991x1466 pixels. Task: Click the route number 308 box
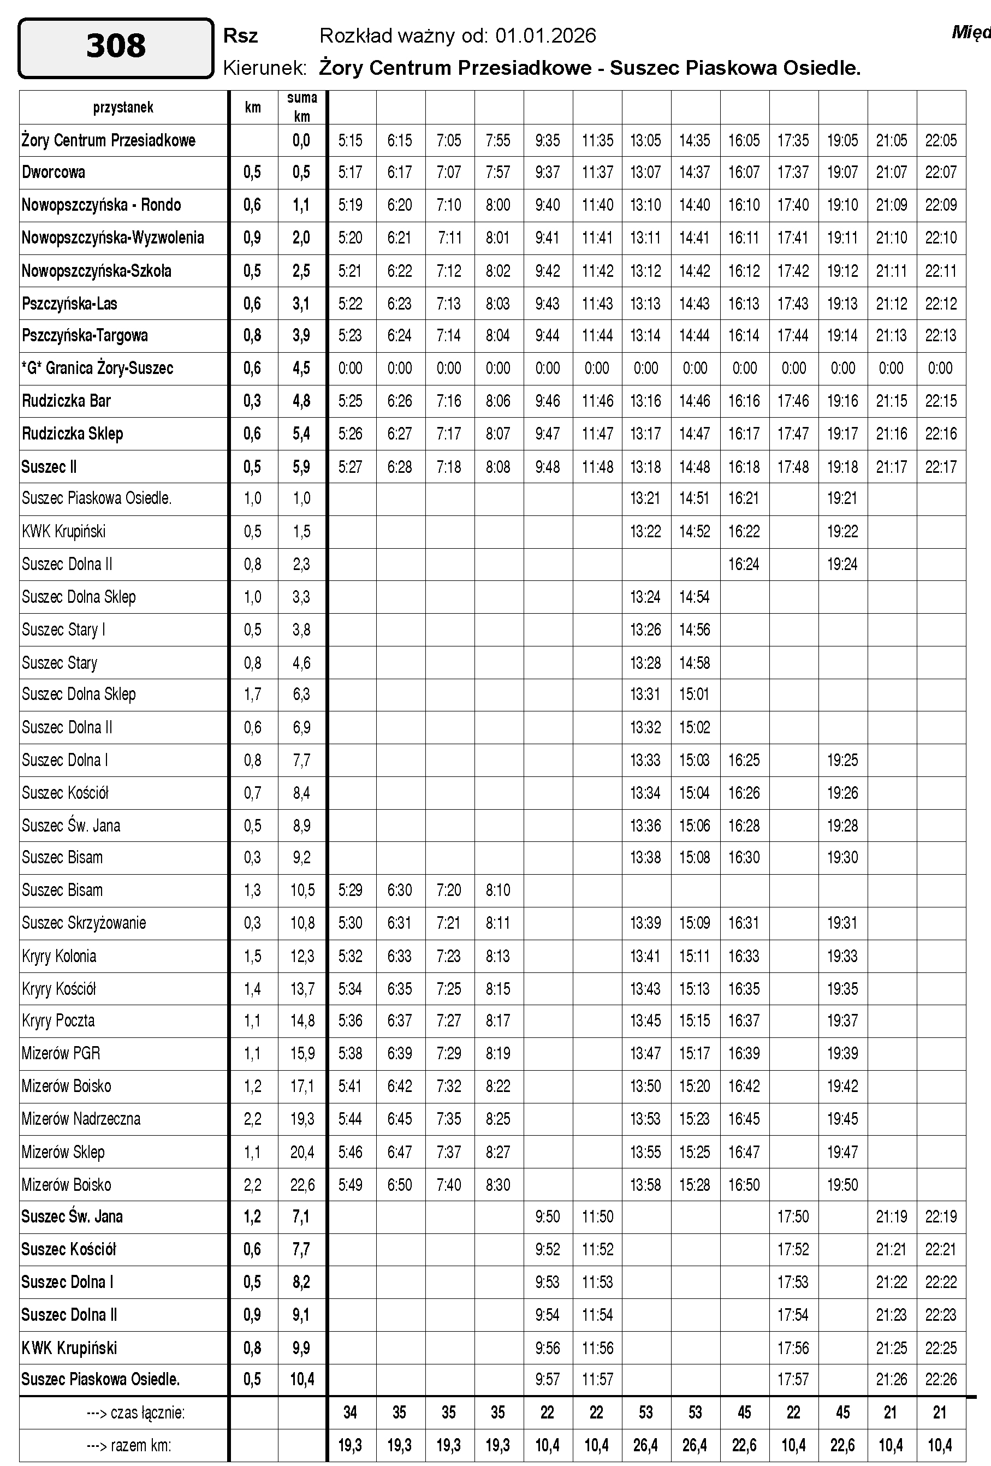[x=116, y=48]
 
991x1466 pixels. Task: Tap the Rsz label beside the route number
[x=240, y=36]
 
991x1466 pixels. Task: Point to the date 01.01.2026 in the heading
[x=545, y=36]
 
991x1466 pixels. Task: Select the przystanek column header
[x=123, y=107]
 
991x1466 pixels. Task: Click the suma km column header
[x=302, y=106]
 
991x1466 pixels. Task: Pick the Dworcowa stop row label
[x=54, y=172]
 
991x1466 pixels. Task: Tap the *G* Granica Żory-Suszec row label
[x=97, y=369]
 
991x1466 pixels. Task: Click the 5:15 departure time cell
[x=351, y=140]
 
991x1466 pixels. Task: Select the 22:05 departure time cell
[x=941, y=140]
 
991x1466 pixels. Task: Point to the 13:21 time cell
[x=645, y=498]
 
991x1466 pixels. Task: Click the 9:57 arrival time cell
[x=547, y=1379]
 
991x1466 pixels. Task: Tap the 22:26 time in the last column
[x=941, y=1379]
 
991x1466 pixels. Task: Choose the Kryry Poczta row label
[x=58, y=1020]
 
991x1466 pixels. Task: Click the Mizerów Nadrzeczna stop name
[x=81, y=1119]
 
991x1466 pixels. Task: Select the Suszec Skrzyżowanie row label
[x=84, y=923]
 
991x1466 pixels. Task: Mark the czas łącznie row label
[x=135, y=1412]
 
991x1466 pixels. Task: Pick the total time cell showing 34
[x=351, y=1412]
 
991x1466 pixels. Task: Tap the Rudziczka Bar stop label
[x=66, y=401]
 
